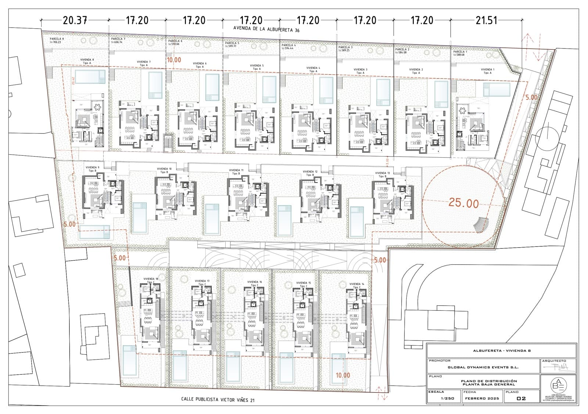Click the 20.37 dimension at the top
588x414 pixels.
[75, 20]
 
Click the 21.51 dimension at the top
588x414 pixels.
[486, 20]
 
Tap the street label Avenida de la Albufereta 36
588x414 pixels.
[266, 29]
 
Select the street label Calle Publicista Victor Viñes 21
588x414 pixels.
[218, 400]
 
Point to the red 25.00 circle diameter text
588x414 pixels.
[463, 203]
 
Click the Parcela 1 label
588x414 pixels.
[460, 52]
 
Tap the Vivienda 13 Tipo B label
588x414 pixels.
[382, 174]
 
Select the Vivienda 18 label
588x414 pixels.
[151, 279]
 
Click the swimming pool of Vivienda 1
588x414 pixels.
[497, 90]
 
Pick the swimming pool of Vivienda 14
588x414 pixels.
[339, 367]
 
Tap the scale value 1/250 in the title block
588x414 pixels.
[444, 398]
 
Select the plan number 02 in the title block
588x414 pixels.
[521, 398]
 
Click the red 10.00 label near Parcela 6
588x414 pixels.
[174, 60]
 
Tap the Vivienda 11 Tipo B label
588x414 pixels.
[236, 172]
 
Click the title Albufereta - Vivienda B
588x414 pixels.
[502, 350]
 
